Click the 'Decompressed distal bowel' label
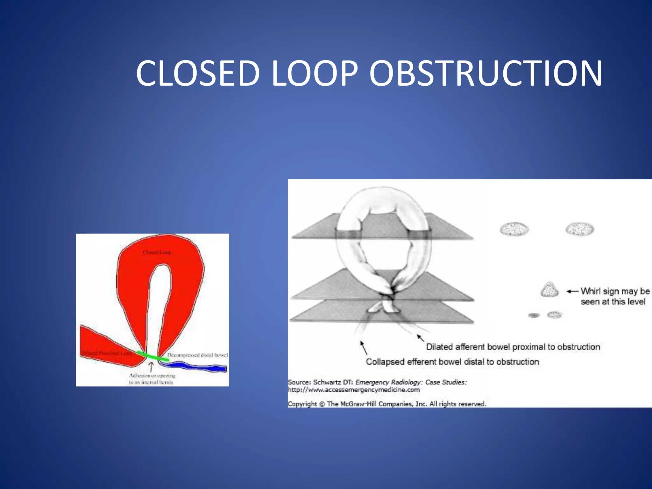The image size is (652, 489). pyautogui.click(x=197, y=355)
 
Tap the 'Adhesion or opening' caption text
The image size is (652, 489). pyautogui.click(x=152, y=376)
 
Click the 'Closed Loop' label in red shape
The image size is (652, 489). pyautogui.click(x=157, y=252)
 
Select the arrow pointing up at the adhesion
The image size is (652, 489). pyautogui.click(x=152, y=367)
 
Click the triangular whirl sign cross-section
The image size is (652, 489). pyautogui.click(x=549, y=290)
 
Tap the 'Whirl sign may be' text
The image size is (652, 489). pyautogui.click(x=615, y=291)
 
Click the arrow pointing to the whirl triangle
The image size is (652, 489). pyautogui.click(x=572, y=291)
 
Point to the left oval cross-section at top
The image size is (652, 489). pyautogui.click(x=514, y=229)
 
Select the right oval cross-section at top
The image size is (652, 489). pyautogui.click(x=580, y=229)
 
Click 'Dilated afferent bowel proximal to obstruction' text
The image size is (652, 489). pyautogui.click(x=513, y=347)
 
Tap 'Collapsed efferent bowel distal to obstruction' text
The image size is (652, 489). pyautogui.click(x=452, y=362)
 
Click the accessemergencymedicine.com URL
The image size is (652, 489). pyautogui.click(x=354, y=390)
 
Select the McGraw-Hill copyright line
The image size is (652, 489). pyautogui.click(x=387, y=404)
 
